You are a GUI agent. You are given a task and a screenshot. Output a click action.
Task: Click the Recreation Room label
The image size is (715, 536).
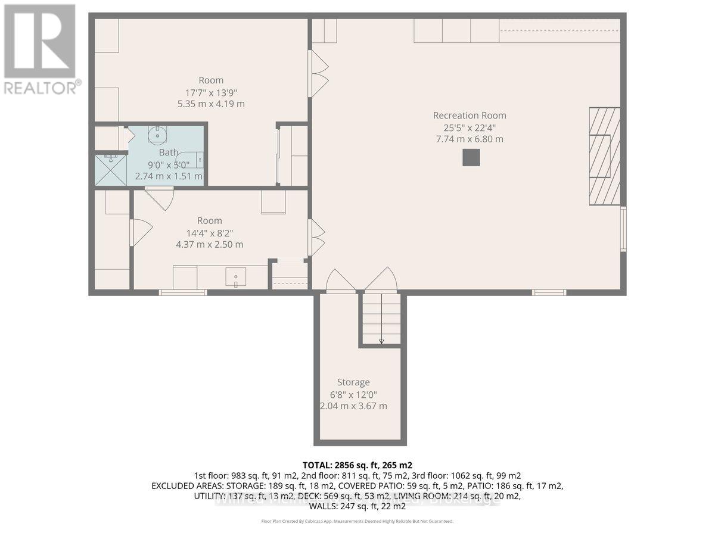pos(470,116)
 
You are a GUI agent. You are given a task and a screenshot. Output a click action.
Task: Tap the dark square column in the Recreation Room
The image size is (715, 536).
pos(471,157)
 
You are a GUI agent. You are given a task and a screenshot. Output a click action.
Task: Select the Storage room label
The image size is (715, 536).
pos(353,382)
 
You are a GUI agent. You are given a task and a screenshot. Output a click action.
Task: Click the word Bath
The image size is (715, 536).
pos(169,152)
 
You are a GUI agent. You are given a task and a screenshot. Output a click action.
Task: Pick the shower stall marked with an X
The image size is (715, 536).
pos(110,170)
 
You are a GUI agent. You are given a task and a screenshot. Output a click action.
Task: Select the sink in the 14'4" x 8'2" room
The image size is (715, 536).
pos(237,277)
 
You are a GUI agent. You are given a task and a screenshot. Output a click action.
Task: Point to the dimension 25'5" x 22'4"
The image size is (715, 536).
pos(470,127)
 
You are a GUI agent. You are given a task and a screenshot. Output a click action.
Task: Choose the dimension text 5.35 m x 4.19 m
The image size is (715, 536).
pos(212,104)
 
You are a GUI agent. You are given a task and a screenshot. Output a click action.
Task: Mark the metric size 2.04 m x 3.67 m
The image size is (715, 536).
pos(353,406)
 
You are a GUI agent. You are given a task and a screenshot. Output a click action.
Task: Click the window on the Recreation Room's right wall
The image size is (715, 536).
pos(623,228)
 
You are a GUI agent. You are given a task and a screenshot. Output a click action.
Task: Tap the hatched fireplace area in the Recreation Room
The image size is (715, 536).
pos(604,156)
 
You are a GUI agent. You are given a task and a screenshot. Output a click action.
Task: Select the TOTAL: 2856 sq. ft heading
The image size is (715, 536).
pos(357,465)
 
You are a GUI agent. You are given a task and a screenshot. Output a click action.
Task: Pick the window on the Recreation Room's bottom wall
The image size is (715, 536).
pos(549,292)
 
